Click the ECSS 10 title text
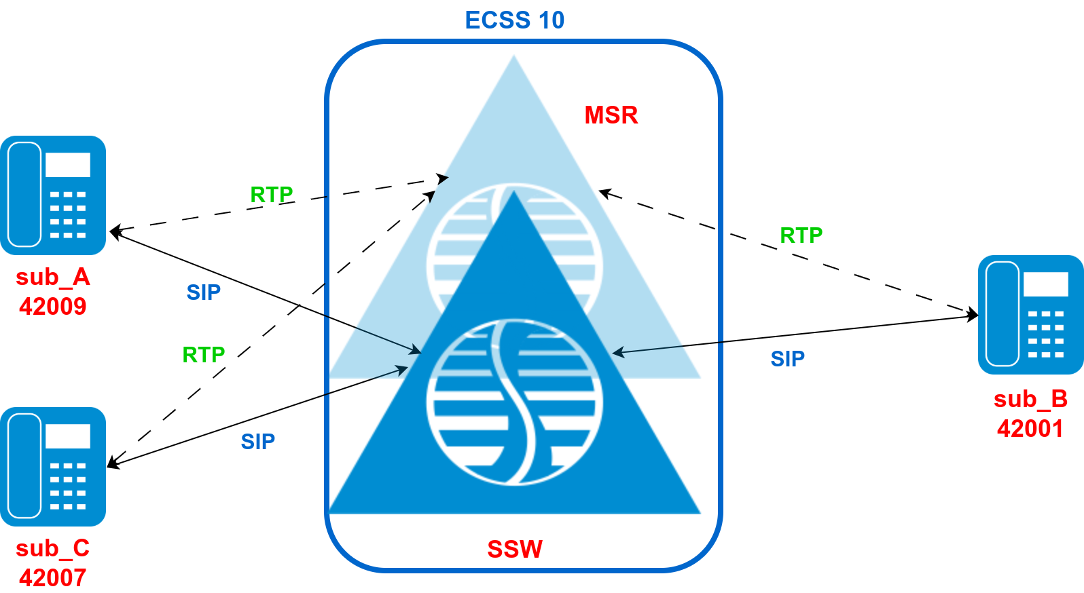(x=514, y=20)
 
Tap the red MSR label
(x=611, y=115)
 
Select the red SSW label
(x=515, y=549)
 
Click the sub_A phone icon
(x=53, y=195)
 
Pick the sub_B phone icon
(x=1030, y=315)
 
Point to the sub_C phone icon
(x=53, y=467)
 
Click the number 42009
(x=53, y=307)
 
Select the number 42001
(x=1030, y=429)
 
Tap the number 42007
(x=53, y=578)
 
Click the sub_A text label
(x=53, y=277)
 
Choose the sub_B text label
(x=1030, y=399)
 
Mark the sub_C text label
(x=53, y=548)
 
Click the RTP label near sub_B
(x=801, y=235)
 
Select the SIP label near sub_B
(x=788, y=359)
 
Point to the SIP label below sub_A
(x=204, y=292)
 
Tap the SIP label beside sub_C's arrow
(x=258, y=442)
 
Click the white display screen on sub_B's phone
(x=1045, y=284)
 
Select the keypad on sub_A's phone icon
(x=68, y=215)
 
